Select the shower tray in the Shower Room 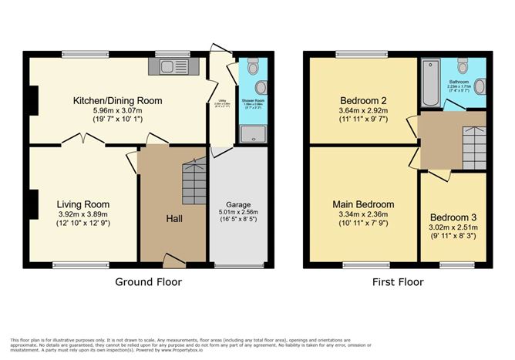[251, 136]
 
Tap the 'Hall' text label [173, 219]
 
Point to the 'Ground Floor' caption [149, 282]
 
